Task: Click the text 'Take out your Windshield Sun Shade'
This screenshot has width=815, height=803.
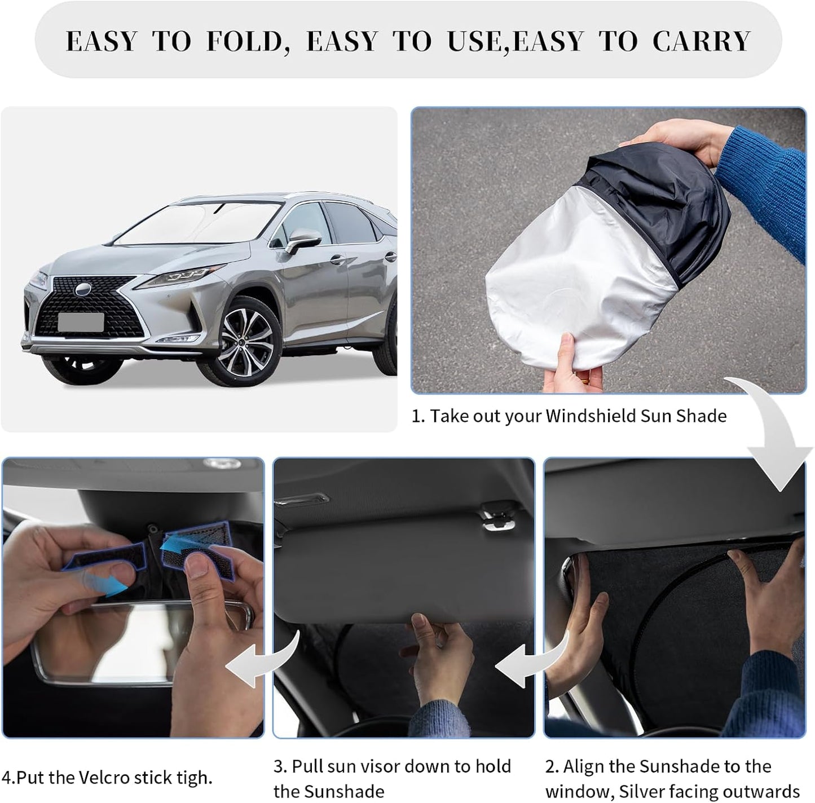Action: (578, 416)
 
